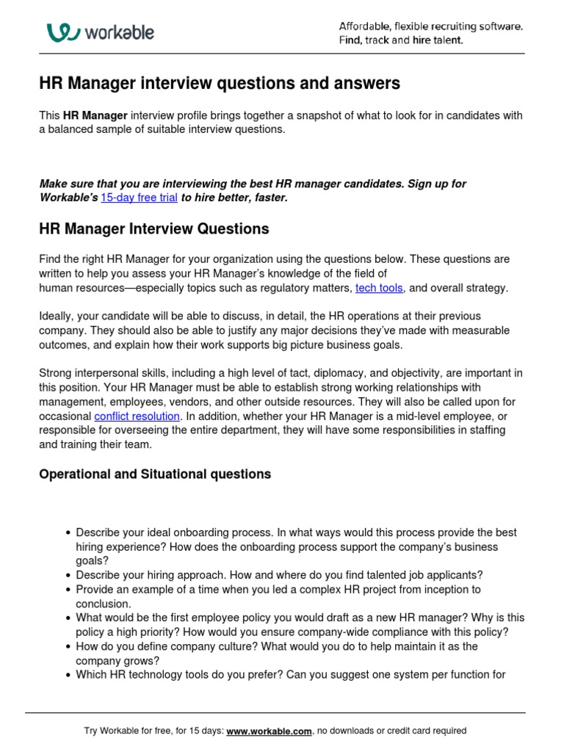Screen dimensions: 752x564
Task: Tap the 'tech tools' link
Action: click(379, 289)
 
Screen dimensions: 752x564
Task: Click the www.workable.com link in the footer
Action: click(270, 731)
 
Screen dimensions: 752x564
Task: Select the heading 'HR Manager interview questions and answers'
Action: click(220, 84)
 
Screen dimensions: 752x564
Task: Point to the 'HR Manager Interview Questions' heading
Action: click(154, 229)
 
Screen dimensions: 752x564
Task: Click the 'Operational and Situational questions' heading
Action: click(155, 474)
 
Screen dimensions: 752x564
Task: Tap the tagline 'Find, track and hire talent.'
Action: click(401, 40)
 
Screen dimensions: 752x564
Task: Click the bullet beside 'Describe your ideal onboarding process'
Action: click(68, 533)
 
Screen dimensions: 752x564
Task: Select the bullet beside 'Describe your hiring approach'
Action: click(68, 576)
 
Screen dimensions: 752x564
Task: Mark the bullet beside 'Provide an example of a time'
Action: click(68, 590)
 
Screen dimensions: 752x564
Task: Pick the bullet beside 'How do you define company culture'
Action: click(68, 647)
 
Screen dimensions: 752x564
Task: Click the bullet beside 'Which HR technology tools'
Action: click(68, 675)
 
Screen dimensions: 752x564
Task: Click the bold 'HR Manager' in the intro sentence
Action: click(95, 115)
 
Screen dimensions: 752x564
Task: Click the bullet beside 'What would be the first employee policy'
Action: click(68, 618)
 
